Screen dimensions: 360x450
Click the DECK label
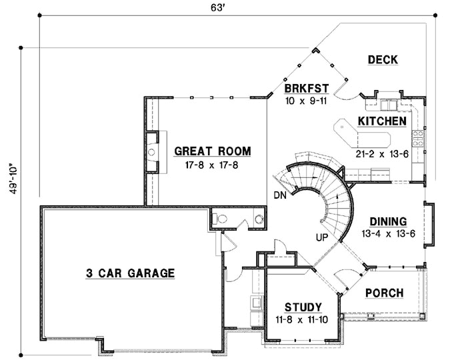point(383,60)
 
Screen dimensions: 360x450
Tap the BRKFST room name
point(305,89)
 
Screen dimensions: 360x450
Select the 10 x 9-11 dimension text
point(306,101)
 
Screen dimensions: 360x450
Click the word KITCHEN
point(382,121)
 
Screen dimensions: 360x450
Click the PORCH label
point(384,293)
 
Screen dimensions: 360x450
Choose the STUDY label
point(303,307)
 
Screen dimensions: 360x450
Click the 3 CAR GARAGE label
point(130,273)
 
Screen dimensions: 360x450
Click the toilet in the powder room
point(258,219)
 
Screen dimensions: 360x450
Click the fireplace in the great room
point(151,152)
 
